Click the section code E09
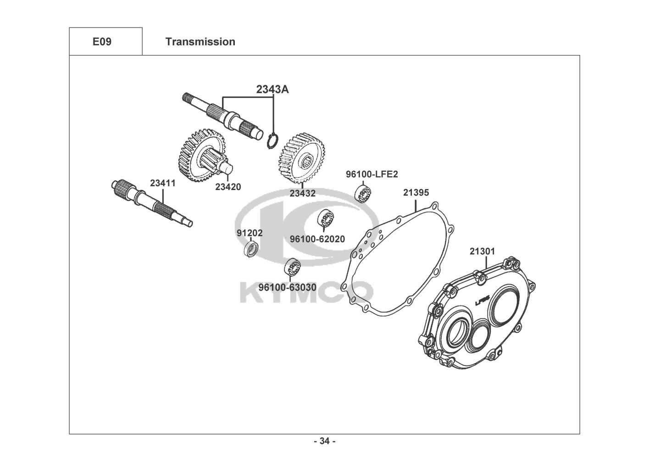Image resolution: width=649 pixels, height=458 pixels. click(102, 42)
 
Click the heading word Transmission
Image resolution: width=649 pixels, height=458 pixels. click(200, 42)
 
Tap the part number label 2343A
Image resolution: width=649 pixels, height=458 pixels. click(272, 89)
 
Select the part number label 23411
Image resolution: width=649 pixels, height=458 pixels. click(163, 183)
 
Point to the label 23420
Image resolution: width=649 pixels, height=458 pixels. click(228, 187)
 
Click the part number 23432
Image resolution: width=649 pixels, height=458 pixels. click(302, 193)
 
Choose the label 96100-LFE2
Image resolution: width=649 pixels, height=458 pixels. click(372, 174)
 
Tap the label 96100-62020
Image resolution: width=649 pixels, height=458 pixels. click(317, 239)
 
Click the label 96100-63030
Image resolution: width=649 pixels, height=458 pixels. click(287, 287)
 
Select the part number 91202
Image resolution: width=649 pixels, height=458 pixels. click(250, 233)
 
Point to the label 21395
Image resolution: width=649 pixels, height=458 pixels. click(416, 192)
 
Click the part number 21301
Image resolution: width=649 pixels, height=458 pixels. click(482, 251)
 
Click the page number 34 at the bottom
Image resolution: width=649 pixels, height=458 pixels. click(324, 441)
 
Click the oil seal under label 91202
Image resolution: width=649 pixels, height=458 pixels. click(250, 250)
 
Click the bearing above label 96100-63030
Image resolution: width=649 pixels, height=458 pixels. click(292, 267)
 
